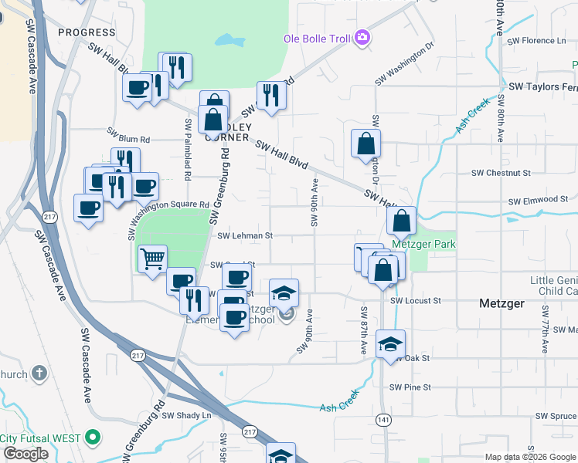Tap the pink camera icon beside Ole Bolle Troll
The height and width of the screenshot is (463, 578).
(362, 37)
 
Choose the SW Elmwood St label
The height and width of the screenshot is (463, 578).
(538, 200)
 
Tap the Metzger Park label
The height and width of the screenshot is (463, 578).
(423, 245)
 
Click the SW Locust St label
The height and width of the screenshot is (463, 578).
(416, 300)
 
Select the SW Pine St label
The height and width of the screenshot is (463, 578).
(410, 387)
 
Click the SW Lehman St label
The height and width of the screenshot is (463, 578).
(246, 236)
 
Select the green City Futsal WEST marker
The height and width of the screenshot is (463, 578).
(93, 438)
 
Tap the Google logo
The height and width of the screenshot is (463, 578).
(26, 454)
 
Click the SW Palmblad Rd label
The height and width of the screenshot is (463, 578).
(188, 150)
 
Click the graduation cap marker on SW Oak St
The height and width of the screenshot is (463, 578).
(391, 344)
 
